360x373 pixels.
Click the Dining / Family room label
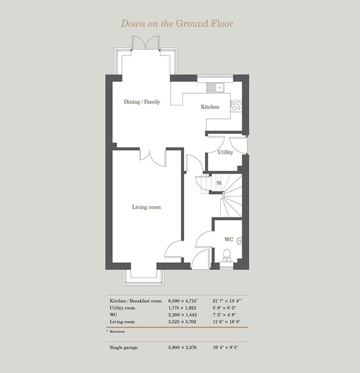click(142, 102)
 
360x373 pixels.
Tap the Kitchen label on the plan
click(210, 107)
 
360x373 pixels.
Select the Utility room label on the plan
click(225, 152)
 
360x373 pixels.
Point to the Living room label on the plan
click(146, 207)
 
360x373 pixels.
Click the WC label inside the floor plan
click(229, 239)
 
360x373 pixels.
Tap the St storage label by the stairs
click(219, 183)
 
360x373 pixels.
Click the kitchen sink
click(215, 87)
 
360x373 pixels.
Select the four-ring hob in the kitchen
click(236, 106)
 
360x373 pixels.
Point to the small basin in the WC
click(239, 241)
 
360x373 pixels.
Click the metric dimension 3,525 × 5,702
click(182, 321)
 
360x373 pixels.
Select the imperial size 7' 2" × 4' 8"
click(224, 315)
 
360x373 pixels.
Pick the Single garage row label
click(124, 348)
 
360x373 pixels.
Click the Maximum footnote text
click(117, 331)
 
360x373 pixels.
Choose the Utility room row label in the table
click(122, 308)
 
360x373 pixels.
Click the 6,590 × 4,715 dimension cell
click(183, 301)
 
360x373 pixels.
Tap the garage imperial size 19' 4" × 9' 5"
click(225, 348)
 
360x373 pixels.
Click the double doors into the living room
click(153, 158)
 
